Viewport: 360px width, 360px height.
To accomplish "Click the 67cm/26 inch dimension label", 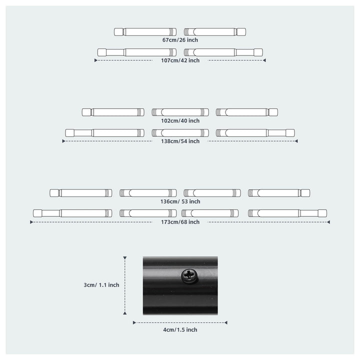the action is pos(180,40).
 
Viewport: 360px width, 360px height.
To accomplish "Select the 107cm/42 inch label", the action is pos(180,60).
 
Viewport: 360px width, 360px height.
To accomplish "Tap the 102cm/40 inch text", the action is pos(180,120).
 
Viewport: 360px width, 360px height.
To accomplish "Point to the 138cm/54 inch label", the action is pos(180,141).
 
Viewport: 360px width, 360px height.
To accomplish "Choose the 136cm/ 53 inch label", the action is pos(180,201).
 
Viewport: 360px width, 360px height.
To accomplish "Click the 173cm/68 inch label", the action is pos(180,222).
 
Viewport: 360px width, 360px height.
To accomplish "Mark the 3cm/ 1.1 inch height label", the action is pos(101,285).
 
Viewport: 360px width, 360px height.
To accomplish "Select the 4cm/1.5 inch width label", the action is pos(180,329).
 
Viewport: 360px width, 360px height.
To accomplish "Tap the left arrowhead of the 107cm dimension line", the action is pos(96,60).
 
